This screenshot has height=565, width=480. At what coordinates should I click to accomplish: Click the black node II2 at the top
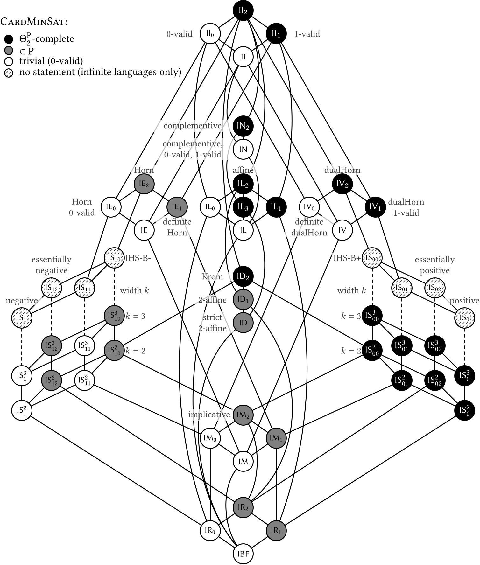pyautogui.click(x=243, y=10)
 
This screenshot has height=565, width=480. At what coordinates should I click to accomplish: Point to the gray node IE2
pyautogui.click(x=144, y=184)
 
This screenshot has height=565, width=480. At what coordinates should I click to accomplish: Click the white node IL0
pyautogui.click(x=210, y=207)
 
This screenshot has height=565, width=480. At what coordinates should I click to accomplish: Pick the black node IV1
pyautogui.click(x=375, y=207)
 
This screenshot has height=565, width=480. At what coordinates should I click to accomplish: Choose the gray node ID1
pyautogui.click(x=243, y=299)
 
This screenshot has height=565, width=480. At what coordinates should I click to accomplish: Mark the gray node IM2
pyautogui.click(x=243, y=415)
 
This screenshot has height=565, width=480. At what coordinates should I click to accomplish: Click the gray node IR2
pyautogui.click(x=243, y=507)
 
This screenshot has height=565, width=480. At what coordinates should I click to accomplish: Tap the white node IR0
pyautogui.click(x=210, y=530)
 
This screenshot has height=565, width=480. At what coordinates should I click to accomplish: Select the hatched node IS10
pyautogui.click(x=114, y=258)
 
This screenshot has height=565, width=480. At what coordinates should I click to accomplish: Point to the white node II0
pyautogui.click(x=210, y=34)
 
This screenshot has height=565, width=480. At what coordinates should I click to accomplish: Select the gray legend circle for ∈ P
pyautogui.click(x=9, y=50)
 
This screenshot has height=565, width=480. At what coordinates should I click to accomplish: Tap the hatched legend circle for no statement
pyautogui.click(x=9, y=73)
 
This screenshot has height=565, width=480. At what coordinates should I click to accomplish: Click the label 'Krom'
pyautogui.click(x=212, y=276)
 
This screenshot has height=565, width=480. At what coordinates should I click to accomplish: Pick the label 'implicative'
pyautogui.click(x=209, y=415)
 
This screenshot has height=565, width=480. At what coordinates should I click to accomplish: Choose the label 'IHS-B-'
pyautogui.click(x=138, y=258)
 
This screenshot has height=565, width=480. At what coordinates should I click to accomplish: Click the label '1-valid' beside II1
pyautogui.click(x=307, y=34)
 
